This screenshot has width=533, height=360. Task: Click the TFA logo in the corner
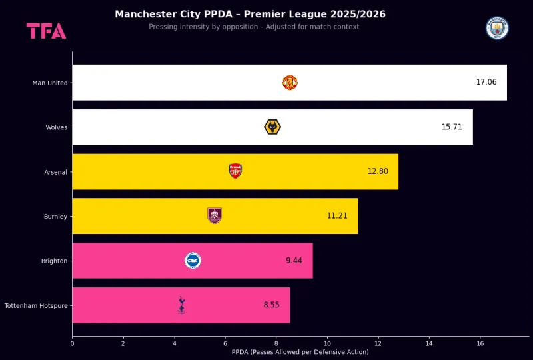point(46,31)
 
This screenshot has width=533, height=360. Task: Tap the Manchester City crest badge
point(497,28)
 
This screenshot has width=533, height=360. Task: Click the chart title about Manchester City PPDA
point(250,14)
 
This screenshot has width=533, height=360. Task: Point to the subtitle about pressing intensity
point(254,27)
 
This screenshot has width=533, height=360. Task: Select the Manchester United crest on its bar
point(290,83)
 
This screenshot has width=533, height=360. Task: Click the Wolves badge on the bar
point(272,127)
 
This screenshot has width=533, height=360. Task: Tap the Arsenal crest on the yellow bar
point(235,171)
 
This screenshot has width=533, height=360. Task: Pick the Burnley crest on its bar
point(215,215)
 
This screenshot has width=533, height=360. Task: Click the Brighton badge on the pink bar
point(193,261)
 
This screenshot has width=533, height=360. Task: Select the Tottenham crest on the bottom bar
point(181,305)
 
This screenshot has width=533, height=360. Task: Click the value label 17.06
point(486,83)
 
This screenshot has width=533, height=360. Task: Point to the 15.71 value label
point(452,127)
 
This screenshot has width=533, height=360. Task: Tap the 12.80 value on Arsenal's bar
point(378,171)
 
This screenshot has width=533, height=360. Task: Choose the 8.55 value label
point(272,305)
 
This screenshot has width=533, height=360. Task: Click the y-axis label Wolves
point(56,127)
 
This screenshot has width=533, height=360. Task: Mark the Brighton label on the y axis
point(54,261)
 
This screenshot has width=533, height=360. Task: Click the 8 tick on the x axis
point(276,343)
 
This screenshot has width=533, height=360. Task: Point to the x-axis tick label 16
point(480,343)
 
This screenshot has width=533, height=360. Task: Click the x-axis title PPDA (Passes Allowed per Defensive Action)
point(300,352)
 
